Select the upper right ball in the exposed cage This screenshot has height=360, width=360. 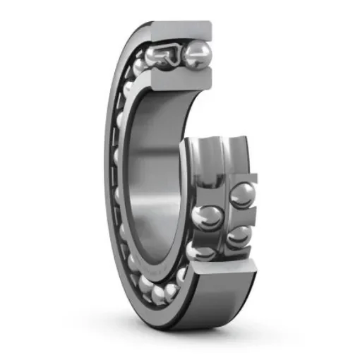[241, 196]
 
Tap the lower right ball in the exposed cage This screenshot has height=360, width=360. [239, 236]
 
